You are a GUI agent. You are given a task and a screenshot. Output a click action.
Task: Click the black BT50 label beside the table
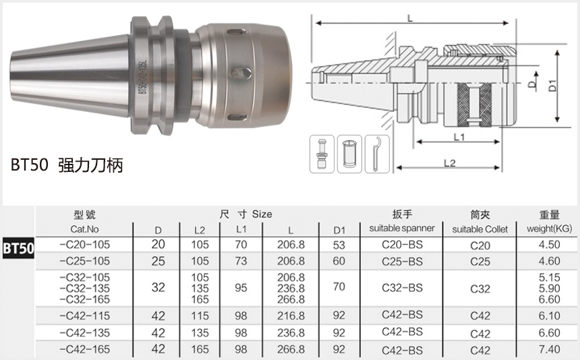point(18,248)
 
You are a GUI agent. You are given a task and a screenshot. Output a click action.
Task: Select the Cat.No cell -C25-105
point(85,261)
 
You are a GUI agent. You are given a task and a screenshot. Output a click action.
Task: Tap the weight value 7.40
point(549,349)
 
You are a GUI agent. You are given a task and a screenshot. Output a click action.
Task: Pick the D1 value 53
point(339,245)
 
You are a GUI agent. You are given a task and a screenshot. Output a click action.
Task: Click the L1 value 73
point(241,261)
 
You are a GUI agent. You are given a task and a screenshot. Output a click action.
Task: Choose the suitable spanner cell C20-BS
point(402,245)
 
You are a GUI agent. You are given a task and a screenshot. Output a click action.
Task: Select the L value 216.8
point(291,316)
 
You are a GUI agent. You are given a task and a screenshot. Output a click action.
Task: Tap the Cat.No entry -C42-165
point(85,349)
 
